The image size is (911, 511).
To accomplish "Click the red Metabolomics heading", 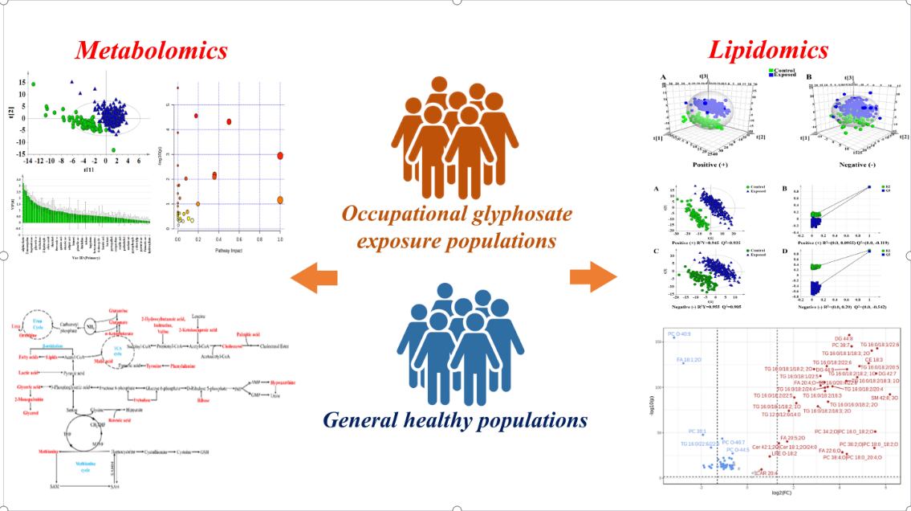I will (151, 51).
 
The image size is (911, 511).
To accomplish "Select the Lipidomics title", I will (768, 51).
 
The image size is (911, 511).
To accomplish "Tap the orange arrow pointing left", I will (314, 278).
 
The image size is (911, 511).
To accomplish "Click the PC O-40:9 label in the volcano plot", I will (679, 333).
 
